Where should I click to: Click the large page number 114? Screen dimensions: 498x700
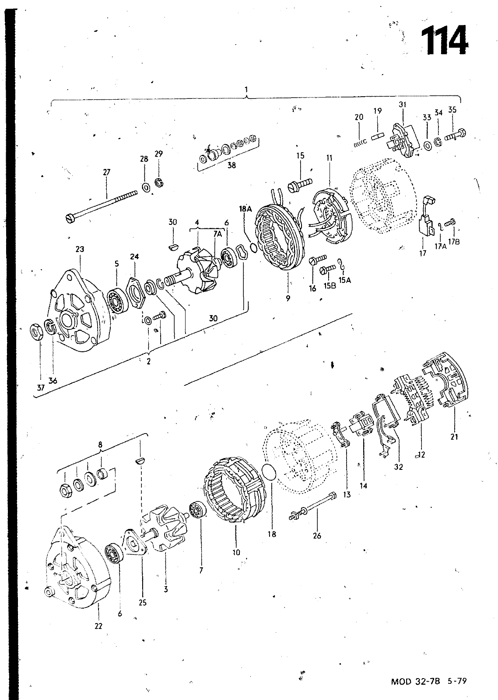[x=445, y=40]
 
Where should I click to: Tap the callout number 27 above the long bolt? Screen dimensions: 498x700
[x=107, y=172]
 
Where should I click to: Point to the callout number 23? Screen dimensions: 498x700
[x=80, y=249]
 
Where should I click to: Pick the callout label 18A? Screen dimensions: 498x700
[x=245, y=209]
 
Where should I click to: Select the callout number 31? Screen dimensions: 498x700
[x=402, y=105]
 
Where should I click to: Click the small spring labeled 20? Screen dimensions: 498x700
[x=360, y=143]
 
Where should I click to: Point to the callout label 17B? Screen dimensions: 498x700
[x=454, y=242]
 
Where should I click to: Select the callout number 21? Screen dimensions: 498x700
[x=454, y=437]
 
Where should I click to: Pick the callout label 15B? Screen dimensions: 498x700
[x=330, y=286]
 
